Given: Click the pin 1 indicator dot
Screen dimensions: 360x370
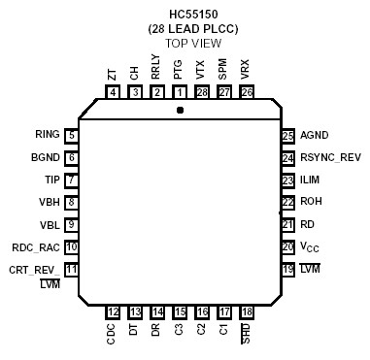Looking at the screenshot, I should point(180,110).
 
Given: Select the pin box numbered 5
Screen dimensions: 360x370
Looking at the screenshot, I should point(71,136).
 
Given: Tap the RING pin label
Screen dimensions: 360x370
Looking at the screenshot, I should point(48,136).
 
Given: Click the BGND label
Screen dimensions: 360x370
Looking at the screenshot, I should point(46,157).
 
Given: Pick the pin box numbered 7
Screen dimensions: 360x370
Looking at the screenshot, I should point(71,180).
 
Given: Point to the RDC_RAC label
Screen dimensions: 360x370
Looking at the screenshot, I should point(36,247).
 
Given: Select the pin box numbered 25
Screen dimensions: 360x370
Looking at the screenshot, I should point(287,136).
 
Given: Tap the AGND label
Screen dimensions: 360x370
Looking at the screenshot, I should point(316,136).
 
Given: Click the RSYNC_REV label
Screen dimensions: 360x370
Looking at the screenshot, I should point(331,158).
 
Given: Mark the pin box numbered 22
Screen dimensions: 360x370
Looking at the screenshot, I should point(287,203).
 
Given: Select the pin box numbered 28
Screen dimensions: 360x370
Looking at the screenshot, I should point(202,92).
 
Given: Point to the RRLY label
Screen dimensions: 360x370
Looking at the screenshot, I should point(156,67).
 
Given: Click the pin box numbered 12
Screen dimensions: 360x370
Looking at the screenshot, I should point(113,311).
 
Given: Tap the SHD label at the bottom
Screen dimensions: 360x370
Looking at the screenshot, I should point(246,334).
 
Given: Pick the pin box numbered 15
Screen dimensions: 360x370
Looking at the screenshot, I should point(180,311).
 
